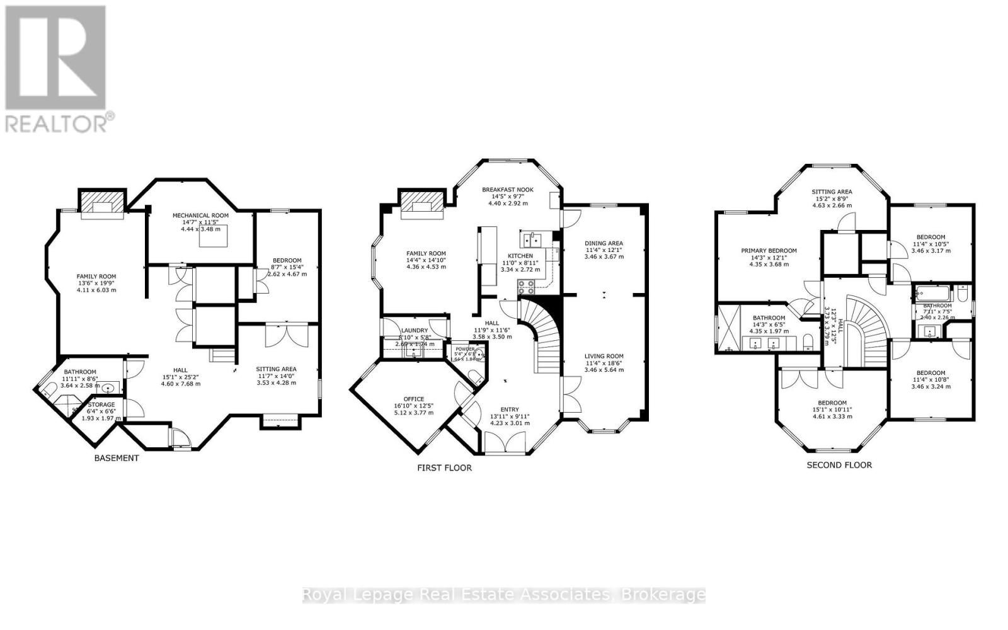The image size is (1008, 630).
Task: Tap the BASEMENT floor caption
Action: point(116,458)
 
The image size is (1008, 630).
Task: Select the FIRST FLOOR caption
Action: point(444,467)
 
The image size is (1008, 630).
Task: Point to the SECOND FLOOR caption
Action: point(839,465)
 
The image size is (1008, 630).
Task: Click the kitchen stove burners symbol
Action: point(527,287)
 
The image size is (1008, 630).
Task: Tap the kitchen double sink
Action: point(532,239)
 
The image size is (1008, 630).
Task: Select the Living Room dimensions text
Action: point(604,370)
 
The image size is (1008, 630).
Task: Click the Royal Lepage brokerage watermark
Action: point(504,595)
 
